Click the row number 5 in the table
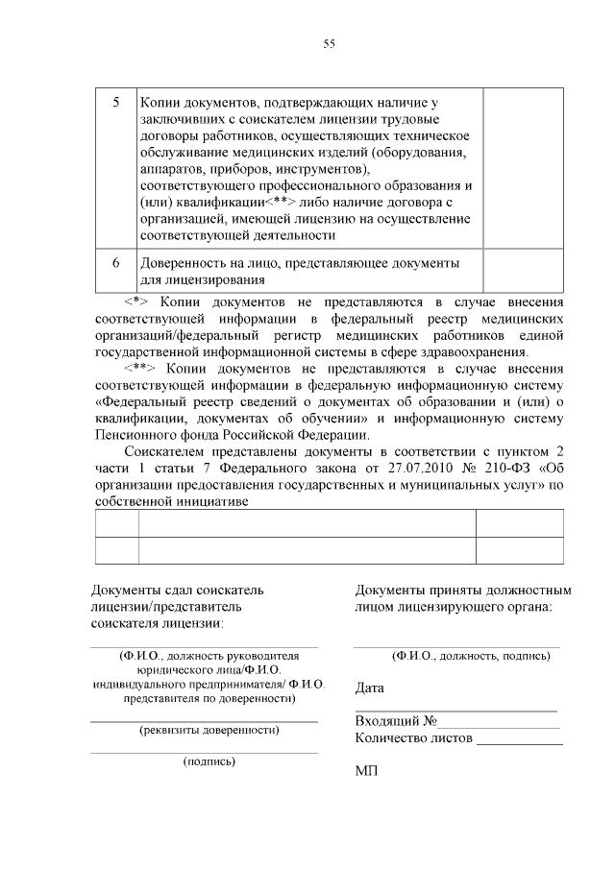[x=116, y=102]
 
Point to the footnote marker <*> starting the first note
[x=140, y=301]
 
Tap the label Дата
[x=369, y=688]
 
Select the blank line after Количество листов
[x=519, y=740]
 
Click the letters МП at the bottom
[x=365, y=771]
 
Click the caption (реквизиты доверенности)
[x=209, y=731]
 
